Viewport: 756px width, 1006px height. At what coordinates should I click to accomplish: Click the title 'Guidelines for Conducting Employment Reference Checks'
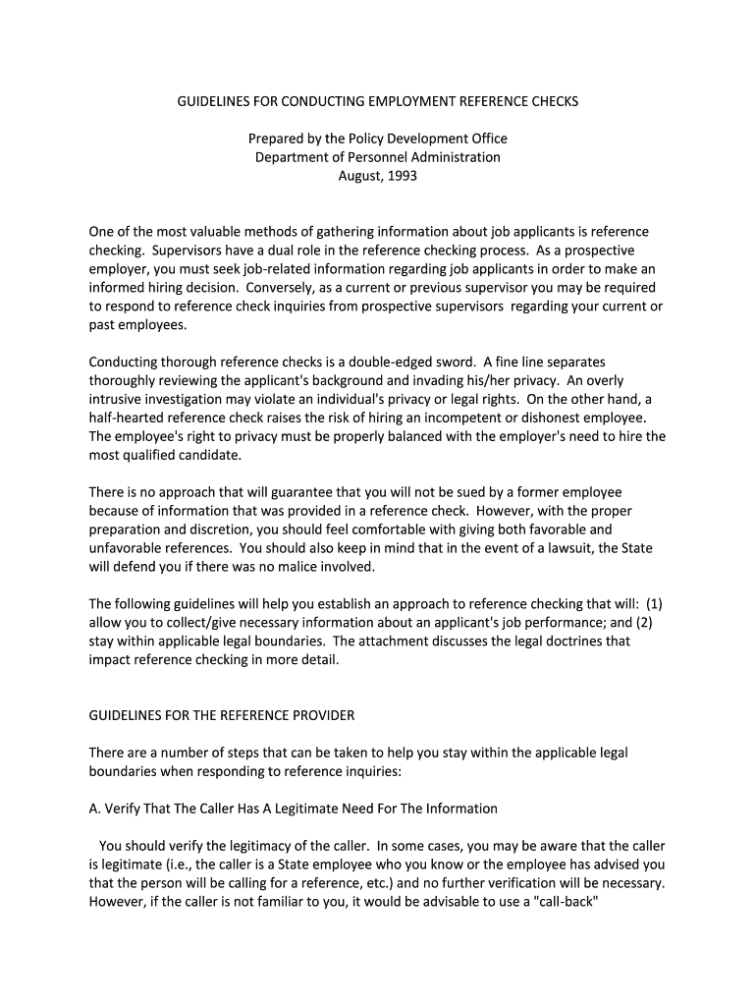[377, 101]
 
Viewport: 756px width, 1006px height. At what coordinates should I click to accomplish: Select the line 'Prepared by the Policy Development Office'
[377, 139]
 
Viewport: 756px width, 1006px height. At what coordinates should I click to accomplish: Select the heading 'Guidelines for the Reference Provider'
[222, 714]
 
